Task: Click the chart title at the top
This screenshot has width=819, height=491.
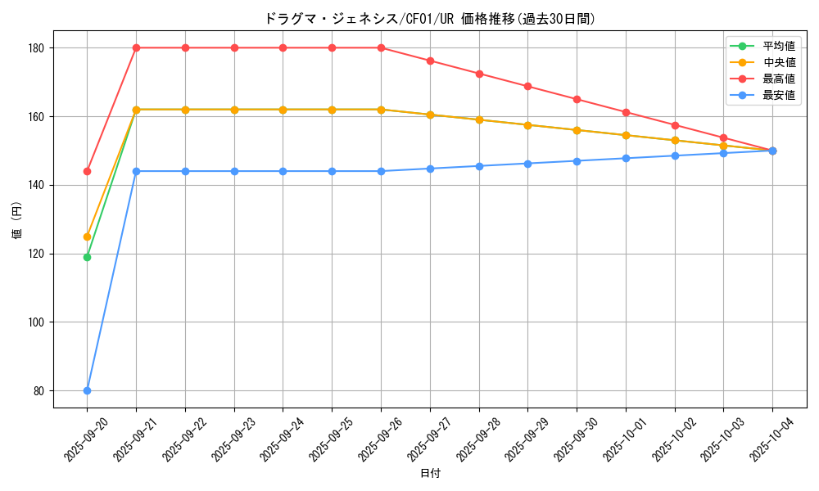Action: point(429,19)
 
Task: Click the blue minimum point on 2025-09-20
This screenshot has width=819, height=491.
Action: point(87,390)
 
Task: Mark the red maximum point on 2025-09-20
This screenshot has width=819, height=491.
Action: point(87,171)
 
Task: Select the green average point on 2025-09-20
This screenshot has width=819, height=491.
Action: point(87,257)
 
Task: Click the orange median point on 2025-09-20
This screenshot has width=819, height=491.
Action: point(87,236)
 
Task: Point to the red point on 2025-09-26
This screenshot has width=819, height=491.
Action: point(381,47)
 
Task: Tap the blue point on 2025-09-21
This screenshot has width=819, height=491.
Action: point(136,171)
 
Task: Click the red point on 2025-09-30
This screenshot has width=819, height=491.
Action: point(577,99)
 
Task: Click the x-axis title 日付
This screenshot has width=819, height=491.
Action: point(430,474)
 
